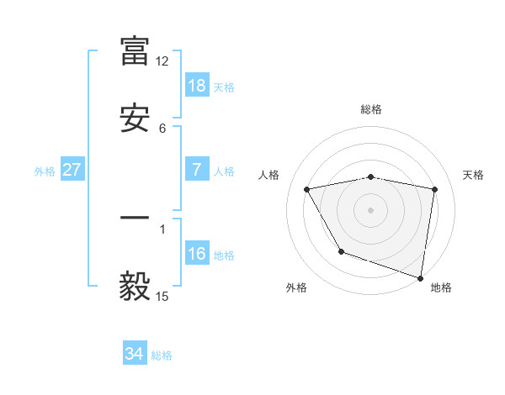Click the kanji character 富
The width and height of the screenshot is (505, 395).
(x=135, y=50)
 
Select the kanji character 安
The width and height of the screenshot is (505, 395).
(x=135, y=118)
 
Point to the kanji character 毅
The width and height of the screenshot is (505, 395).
(x=135, y=287)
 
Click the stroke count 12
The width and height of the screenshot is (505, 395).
(x=162, y=61)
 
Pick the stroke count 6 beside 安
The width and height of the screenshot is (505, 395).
(x=162, y=129)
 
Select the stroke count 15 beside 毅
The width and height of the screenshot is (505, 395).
(x=162, y=297)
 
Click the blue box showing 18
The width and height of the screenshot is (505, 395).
(x=197, y=86)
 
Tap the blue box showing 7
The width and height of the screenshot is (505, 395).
(x=197, y=170)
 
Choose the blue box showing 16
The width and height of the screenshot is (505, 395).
(x=197, y=254)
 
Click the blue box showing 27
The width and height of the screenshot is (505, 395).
(x=72, y=170)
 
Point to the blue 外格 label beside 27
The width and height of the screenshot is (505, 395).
(x=45, y=171)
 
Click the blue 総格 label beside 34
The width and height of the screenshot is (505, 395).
(x=162, y=355)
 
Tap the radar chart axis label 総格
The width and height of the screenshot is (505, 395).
(x=371, y=109)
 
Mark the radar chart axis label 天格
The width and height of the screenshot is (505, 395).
(x=474, y=175)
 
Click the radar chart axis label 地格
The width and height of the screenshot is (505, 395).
(x=441, y=288)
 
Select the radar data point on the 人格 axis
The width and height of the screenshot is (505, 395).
(x=307, y=189)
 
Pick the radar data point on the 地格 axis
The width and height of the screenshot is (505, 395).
(x=420, y=276)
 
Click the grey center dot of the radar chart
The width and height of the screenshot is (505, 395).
(x=371, y=210)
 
